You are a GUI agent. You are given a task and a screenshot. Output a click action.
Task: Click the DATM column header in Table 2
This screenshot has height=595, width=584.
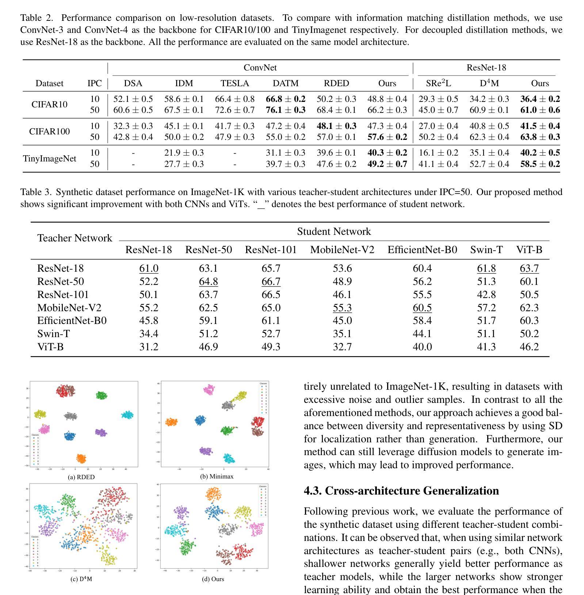tap(286, 83)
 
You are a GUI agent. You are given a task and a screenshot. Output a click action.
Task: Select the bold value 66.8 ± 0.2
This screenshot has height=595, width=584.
tap(286, 99)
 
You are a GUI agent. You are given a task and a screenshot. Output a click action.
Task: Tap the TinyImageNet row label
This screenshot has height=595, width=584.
tap(50, 159)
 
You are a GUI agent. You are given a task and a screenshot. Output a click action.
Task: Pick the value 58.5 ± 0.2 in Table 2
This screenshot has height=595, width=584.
tap(540, 164)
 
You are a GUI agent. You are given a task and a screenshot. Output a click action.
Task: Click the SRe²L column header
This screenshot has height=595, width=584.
tap(438, 83)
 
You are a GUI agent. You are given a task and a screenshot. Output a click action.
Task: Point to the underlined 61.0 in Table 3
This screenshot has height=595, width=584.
tap(149, 268)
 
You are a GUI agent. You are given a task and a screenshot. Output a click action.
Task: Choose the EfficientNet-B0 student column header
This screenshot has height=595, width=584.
tap(422, 250)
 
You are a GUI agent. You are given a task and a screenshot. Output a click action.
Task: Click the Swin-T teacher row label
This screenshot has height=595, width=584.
tap(53, 334)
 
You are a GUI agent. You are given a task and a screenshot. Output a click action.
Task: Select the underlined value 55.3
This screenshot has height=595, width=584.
tap(342, 308)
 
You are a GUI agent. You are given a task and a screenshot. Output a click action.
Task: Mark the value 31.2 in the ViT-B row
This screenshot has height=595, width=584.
tap(149, 347)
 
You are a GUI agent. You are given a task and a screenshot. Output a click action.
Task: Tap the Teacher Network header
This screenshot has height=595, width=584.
tap(75, 238)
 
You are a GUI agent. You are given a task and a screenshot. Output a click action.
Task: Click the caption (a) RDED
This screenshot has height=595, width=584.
tap(81, 477)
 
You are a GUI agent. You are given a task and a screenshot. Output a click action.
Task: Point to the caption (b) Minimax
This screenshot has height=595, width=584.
tap(217, 476)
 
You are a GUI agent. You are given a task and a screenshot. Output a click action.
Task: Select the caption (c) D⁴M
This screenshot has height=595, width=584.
tap(81, 579)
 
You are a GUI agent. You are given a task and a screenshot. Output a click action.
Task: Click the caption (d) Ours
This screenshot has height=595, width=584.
tap(213, 579)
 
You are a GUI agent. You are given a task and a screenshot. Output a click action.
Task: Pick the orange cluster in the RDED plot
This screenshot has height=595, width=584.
tap(81, 458)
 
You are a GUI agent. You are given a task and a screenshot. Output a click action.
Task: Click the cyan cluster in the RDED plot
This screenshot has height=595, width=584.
tap(127, 415)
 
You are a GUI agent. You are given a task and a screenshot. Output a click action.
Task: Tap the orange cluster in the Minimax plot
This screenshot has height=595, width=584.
tap(171, 422)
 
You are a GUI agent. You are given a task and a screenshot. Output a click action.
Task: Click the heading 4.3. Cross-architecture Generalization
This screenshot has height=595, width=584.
tap(401, 491)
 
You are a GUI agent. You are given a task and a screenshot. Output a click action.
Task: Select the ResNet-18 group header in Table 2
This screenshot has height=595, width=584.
tap(486, 68)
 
